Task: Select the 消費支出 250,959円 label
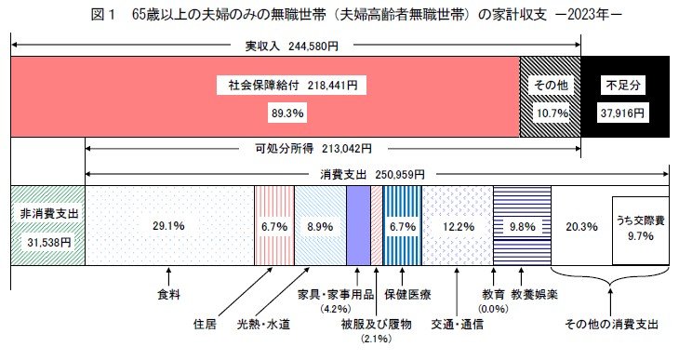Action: click(372, 174)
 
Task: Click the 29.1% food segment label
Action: click(168, 225)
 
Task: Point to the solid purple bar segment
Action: click(358, 224)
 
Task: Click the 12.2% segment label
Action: click(457, 225)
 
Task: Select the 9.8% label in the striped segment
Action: click(522, 225)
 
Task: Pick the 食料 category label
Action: click(168, 295)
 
